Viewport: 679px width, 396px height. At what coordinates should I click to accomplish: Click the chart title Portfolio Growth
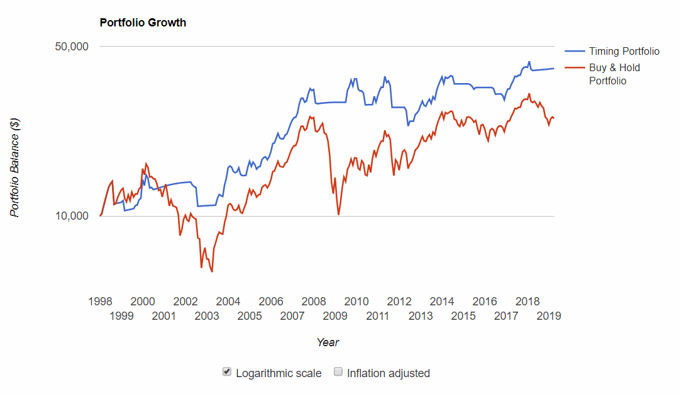coord(143,23)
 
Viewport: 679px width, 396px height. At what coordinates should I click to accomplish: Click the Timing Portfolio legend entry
coord(624,51)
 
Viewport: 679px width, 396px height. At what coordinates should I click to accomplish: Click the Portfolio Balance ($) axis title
coord(16,167)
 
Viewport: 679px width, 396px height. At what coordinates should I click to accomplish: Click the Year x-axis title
coord(328,342)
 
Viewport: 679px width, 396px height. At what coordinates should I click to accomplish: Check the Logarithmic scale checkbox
coord(228,372)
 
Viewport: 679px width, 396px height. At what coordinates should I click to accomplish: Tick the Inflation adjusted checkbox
coord(338,372)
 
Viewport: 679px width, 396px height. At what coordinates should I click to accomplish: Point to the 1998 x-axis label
coord(100,301)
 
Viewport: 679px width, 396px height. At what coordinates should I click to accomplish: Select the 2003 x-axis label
coord(207,315)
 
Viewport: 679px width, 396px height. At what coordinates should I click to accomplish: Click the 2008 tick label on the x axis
coord(313,301)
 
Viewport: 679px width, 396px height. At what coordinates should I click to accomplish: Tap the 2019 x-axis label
coord(548,315)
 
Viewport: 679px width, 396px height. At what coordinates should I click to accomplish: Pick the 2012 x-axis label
coord(399,301)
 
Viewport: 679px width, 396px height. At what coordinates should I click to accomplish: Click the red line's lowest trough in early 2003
coord(212,271)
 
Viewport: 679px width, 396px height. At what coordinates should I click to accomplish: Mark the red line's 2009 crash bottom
coord(339,215)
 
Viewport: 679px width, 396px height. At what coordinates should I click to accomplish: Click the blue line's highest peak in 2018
coord(529,62)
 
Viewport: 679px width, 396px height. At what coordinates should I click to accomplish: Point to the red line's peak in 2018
coord(529,94)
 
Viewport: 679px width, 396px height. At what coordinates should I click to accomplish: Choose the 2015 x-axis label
coord(463,315)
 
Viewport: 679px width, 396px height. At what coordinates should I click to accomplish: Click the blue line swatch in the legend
coord(574,51)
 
